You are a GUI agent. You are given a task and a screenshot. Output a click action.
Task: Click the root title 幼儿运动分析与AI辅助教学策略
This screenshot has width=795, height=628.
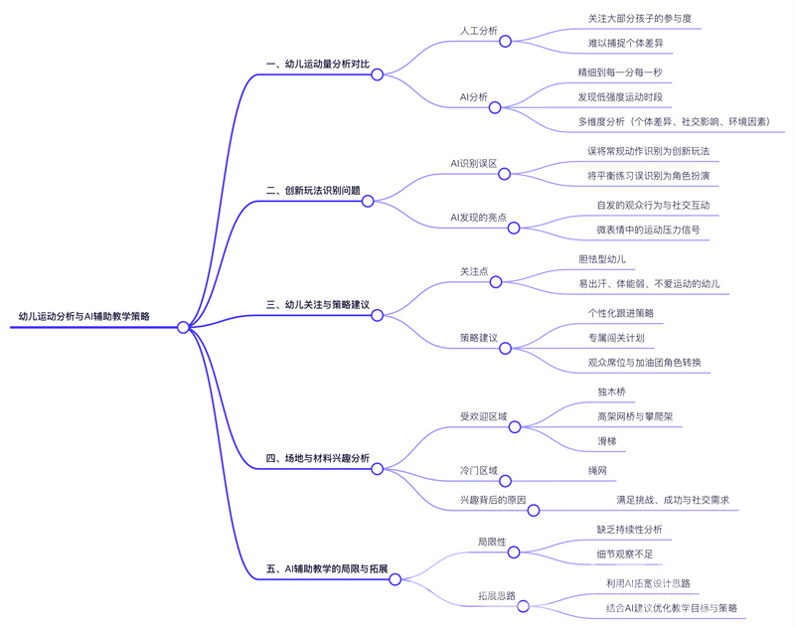point(84,316)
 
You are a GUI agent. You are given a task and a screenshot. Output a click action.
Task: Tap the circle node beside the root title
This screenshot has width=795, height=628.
point(183,327)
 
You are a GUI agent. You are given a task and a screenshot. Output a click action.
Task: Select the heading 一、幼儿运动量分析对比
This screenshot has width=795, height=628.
point(318,64)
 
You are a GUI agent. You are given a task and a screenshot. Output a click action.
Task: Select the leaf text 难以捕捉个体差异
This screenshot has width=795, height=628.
point(626,44)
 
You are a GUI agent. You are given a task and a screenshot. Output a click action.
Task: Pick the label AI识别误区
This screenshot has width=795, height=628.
point(473,162)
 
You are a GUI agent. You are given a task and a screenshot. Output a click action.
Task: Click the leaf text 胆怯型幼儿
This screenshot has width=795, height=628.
point(602,257)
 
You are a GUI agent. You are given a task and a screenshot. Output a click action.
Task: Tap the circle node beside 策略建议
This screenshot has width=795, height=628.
point(505,348)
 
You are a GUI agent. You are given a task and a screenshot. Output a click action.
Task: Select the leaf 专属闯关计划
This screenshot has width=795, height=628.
point(616,337)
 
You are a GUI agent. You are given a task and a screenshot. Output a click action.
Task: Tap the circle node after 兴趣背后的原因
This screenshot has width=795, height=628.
point(533,511)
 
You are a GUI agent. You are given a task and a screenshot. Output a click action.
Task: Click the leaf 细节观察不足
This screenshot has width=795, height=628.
point(623,552)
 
